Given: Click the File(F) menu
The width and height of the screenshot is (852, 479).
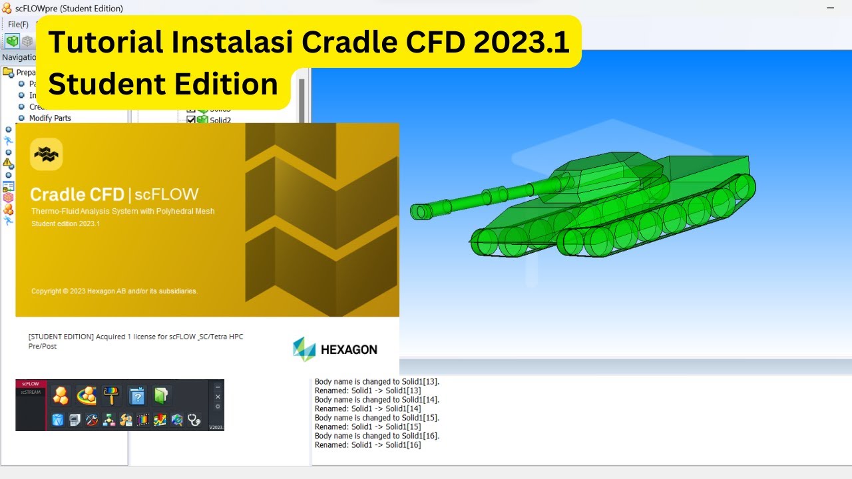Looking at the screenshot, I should click(18, 25).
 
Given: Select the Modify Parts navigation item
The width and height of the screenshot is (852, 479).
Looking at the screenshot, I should click(50, 118).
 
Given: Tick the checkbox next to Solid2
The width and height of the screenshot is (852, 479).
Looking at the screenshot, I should click(191, 120).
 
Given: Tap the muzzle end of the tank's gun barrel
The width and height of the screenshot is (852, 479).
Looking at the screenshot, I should click(418, 212).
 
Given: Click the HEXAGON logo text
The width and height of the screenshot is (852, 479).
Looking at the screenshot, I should click(349, 349).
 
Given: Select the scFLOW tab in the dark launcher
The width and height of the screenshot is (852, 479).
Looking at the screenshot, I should click(30, 384).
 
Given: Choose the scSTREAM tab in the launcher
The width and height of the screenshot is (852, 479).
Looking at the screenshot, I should click(30, 393).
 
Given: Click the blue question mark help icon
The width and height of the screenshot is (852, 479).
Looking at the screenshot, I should click(136, 396).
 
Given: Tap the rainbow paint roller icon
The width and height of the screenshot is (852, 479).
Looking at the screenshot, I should click(110, 396).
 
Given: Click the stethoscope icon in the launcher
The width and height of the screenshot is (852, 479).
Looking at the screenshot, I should click(194, 420).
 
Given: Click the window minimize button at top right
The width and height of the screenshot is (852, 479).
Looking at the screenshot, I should click(830, 8).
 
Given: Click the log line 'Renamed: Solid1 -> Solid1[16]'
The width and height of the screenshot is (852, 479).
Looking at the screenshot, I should click(367, 444).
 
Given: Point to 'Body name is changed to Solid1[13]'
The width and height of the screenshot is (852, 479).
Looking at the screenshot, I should click(377, 382).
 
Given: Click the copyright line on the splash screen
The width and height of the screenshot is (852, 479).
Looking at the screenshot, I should click(114, 291).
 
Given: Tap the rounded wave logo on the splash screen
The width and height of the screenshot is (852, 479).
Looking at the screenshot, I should click(47, 154).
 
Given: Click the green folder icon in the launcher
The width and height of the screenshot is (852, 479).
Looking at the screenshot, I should click(162, 396).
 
